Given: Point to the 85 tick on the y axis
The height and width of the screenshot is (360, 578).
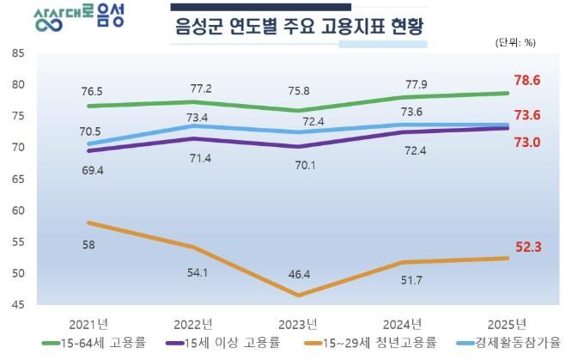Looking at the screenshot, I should pos(18,53).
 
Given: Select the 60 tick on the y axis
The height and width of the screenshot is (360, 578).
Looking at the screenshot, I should pos(18,211).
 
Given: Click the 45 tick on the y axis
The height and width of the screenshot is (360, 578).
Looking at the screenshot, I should pos(18,305).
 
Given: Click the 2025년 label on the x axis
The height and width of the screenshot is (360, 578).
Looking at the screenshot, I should pos(507,324).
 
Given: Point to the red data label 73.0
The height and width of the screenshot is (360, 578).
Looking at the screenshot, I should pos(526,143).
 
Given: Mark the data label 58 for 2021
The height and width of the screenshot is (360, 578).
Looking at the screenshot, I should pos(89,245).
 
